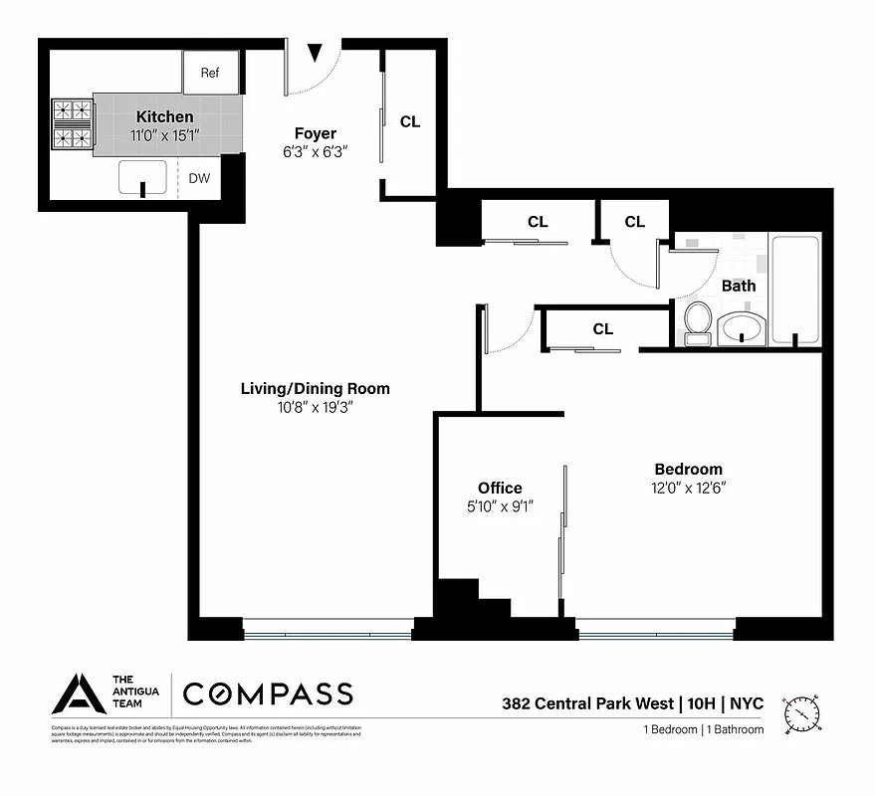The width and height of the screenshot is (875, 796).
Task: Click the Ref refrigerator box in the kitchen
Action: (210, 73)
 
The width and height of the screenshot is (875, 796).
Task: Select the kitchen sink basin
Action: (142, 177)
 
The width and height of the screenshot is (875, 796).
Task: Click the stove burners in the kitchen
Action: (72, 123)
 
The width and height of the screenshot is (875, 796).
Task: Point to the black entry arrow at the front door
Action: (315, 52)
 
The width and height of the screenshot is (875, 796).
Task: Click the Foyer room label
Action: (315, 133)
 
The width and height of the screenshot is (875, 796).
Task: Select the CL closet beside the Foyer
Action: (410, 121)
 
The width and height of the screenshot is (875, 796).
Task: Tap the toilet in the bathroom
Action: (697, 322)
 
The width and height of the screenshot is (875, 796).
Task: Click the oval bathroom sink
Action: (742, 327)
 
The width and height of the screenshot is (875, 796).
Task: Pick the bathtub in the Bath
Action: (795, 289)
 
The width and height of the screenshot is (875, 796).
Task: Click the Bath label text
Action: (739, 286)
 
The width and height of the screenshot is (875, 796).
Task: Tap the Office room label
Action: (500, 488)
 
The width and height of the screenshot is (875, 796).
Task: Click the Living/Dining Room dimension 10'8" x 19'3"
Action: (315, 407)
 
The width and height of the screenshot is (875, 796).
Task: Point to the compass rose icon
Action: (802, 712)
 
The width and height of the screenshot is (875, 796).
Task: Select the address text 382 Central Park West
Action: (586, 703)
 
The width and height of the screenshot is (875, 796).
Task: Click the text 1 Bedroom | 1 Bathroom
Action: (703, 729)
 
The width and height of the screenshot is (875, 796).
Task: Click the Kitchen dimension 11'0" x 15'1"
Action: (165, 136)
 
